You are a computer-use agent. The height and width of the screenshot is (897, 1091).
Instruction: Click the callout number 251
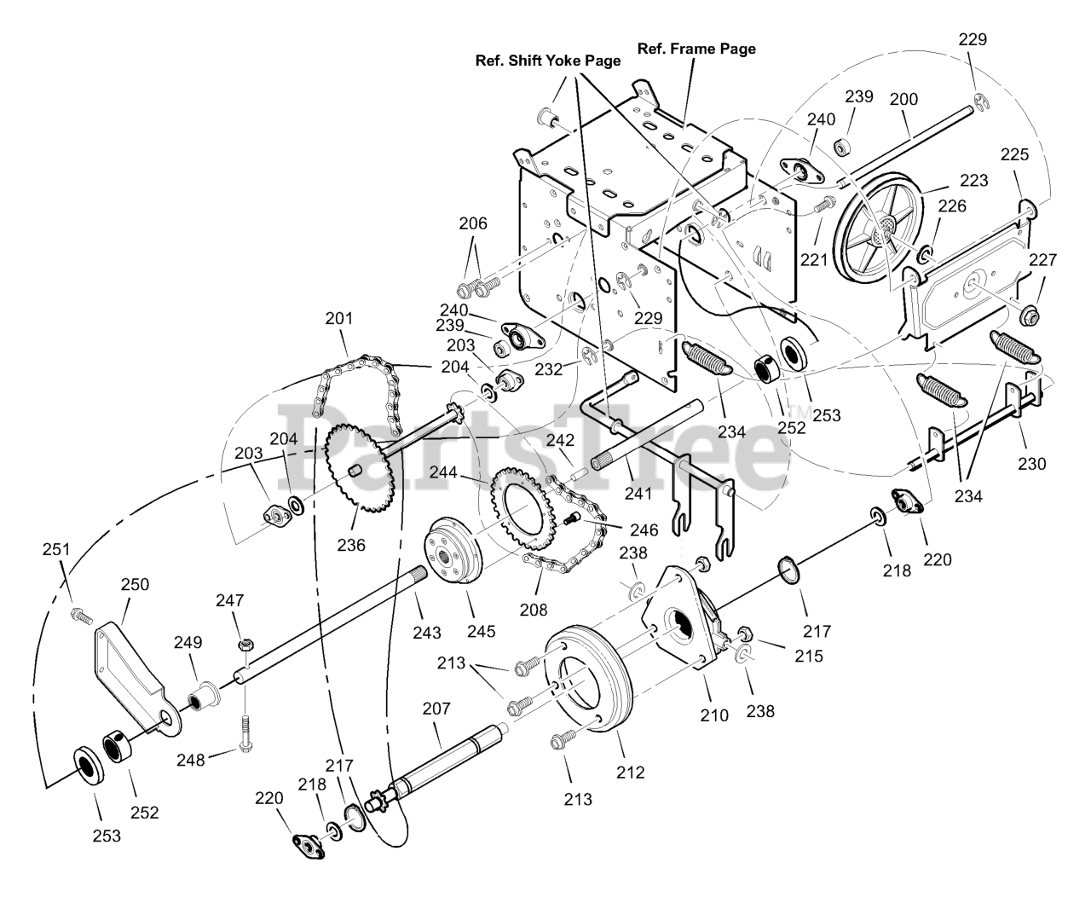pos(56,549)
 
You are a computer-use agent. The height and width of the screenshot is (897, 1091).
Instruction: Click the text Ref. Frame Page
pos(696,49)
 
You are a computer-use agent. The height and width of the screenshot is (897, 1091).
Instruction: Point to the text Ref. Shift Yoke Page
pos(548,61)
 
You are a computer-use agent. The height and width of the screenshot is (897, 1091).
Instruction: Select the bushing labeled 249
pos(204,696)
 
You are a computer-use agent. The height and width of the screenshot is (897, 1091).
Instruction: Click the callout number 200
pos(903,99)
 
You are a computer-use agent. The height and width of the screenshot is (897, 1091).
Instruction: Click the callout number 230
pos(1032,464)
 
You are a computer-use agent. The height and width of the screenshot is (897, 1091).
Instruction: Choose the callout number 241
pos(638,494)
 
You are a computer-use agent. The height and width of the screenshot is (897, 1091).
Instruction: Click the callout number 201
pos(339,318)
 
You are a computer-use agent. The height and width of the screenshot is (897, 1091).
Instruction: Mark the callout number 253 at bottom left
pos(107,836)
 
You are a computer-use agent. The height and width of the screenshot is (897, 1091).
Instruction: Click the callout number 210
pos(714,715)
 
